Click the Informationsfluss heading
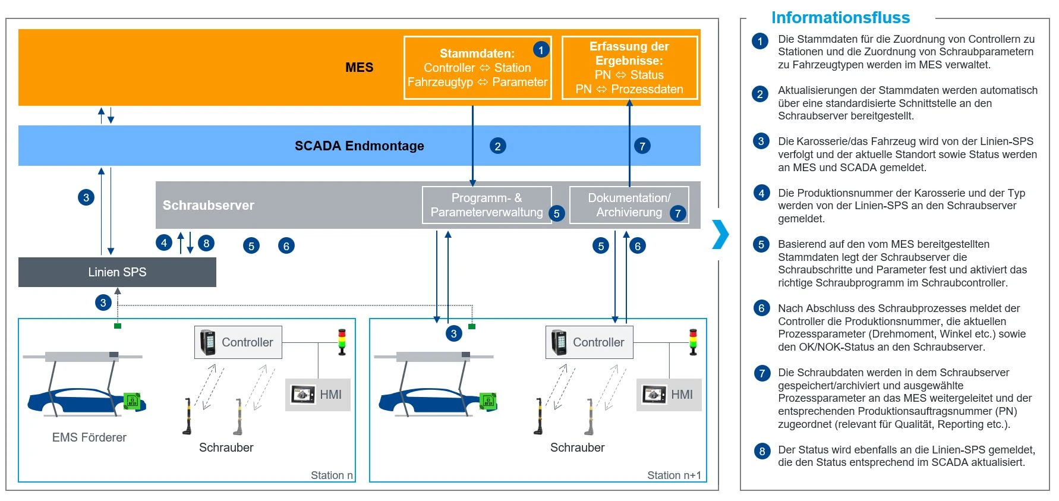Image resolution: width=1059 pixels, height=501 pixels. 840,18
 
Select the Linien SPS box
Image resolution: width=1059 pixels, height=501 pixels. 117,272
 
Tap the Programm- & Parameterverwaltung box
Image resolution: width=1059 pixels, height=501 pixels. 487,205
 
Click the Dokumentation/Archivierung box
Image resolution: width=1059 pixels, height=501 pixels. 629,205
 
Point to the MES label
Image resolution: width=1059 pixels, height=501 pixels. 360,67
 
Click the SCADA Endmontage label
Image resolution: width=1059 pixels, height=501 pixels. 360,146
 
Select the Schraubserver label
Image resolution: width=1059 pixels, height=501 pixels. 209,205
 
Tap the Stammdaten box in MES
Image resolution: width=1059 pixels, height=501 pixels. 478,68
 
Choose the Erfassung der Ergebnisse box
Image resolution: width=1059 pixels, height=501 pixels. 630,68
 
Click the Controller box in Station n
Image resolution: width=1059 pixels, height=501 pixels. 238,342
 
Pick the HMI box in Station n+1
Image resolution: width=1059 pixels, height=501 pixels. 669,395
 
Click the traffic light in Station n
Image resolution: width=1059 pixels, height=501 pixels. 342,342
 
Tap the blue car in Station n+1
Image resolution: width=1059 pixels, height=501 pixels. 437,402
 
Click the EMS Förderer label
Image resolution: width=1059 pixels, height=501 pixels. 89,437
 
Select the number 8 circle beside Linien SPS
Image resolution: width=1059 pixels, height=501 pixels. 206,243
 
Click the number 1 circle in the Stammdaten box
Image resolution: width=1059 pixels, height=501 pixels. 541,49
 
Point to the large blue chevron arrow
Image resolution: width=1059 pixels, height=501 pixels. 721,234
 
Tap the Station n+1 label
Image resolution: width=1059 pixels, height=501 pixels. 674,475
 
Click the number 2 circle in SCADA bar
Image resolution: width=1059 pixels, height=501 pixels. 498,146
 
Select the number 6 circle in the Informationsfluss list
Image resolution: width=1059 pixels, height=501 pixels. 761,308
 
